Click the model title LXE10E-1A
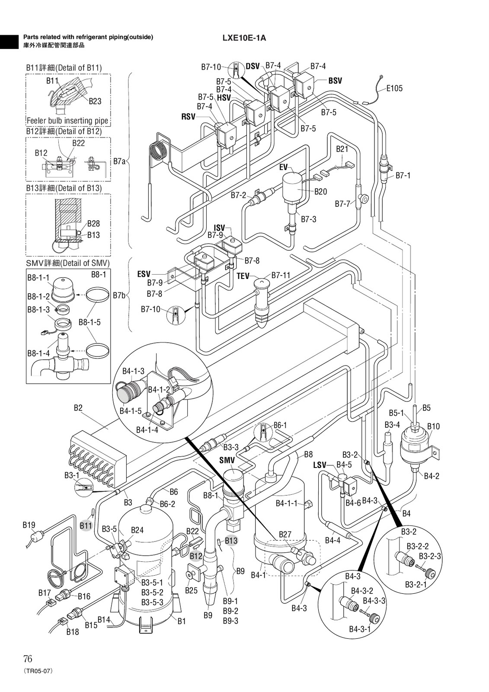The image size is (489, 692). coord(244,38)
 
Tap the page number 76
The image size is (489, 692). coord(28,659)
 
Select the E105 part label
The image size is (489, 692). coord(394,88)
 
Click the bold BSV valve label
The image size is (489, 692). coord(335,80)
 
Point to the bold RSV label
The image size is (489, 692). coord(188,116)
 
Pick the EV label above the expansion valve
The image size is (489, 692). coord(283,167)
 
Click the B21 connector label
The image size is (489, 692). coord(342,149)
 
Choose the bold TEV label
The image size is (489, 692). coord(243,276)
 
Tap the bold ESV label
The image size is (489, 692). coord(144,274)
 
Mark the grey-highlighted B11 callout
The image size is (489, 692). coord(86,525)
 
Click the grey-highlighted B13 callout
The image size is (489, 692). coord(231,541)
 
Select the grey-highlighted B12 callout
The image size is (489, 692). coord(196,556)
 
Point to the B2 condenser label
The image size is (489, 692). coord(78,408)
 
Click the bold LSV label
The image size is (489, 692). coord(320,465)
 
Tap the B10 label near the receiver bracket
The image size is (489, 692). coord(433,426)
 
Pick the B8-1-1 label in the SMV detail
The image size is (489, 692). coord(38,278)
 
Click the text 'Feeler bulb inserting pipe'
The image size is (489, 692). coord(67,121)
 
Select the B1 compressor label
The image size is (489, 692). coord(182,621)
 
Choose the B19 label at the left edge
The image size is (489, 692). coord(29,525)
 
